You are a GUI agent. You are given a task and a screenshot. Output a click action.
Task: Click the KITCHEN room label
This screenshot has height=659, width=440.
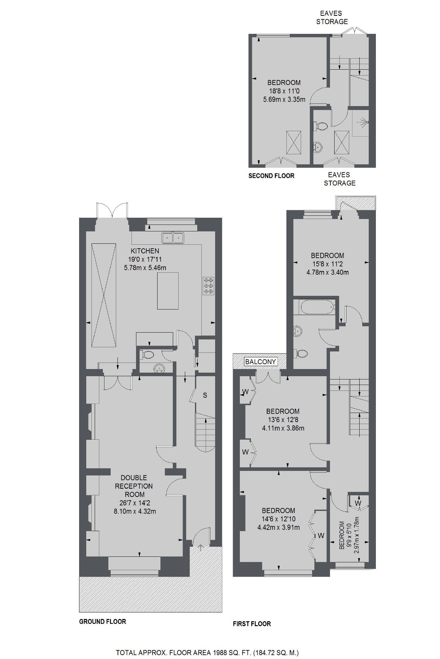[145, 251]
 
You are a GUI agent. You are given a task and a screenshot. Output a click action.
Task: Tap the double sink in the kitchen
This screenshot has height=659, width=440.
[173, 238]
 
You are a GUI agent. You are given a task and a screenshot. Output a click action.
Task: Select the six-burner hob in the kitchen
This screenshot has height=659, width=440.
[208, 286]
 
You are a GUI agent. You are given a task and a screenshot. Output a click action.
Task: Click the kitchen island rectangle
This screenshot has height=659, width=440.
[168, 291]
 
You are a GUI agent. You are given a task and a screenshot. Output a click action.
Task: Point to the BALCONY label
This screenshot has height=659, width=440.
[260, 362]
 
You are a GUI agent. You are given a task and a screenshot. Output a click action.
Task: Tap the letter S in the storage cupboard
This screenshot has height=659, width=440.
[205, 395]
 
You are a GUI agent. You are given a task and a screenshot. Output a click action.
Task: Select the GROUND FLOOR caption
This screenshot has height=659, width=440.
[103, 622]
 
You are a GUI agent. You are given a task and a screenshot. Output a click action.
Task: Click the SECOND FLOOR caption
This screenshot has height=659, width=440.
[271, 176]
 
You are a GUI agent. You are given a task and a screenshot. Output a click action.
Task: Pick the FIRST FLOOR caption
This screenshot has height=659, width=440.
[252, 624]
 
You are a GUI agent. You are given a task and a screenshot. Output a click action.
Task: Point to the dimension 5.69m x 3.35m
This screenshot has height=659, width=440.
[284, 100]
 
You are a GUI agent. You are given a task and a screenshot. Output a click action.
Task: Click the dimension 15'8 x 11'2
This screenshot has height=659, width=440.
[327, 264]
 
